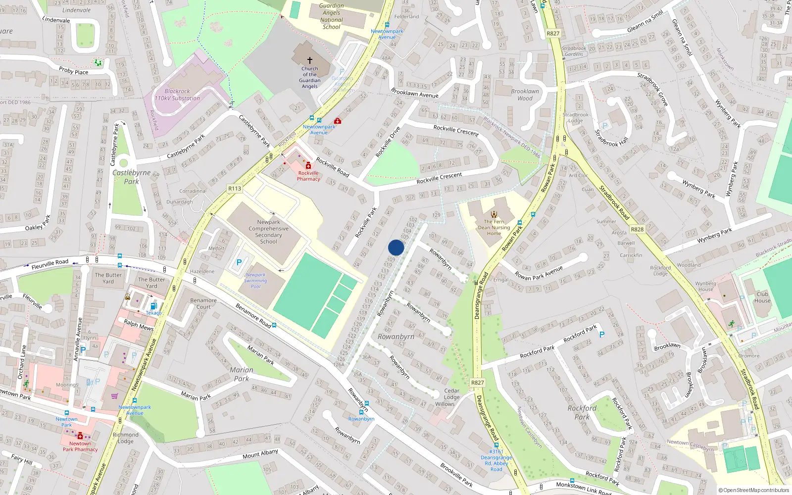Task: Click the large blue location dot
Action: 396,247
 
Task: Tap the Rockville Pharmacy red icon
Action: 308,165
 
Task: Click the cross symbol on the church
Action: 310,60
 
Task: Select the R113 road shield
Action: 235,189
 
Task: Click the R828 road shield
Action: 637,230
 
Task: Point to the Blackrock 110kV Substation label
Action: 177,95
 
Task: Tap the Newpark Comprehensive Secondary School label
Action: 268,232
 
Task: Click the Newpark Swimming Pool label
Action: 255,281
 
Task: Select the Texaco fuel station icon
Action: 153,306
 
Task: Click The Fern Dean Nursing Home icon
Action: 494,214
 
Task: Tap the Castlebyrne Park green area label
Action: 131,177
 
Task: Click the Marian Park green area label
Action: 242,374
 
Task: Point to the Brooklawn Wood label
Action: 525,95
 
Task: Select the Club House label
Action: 762,297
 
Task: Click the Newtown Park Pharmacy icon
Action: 80,436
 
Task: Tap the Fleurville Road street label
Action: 50,264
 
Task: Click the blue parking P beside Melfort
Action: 239,262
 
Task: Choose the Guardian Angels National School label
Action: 331,16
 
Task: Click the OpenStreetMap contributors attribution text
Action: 753,491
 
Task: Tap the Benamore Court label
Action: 203,303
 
